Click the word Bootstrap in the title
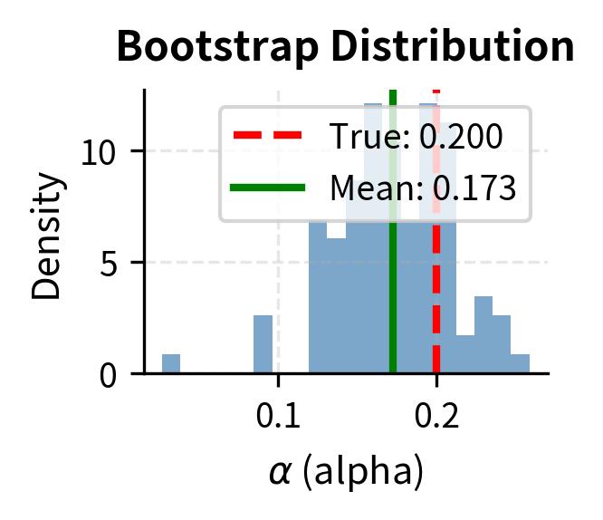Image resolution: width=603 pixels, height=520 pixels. [211, 47]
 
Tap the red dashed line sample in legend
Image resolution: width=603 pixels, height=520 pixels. [267, 138]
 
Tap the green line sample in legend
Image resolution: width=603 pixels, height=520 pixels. [267, 188]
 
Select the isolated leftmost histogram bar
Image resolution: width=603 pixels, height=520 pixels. [171, 364]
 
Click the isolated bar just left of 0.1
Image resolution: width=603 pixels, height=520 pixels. [263, 345]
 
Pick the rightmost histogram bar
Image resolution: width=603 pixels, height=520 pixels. [520, 364]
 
